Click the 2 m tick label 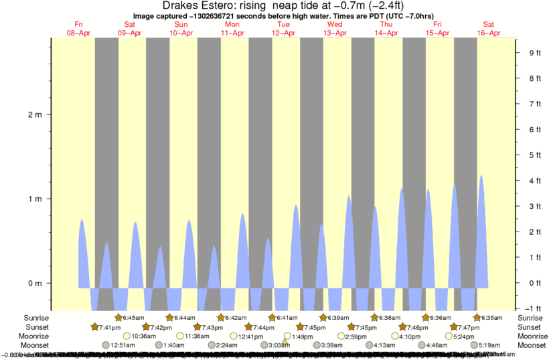point(35,114)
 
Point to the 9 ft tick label point(534,53)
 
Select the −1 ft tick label point(533,308)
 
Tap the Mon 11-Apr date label point(232,29)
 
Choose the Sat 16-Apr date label point(489,29)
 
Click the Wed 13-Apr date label point(335,29)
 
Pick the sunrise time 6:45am point(134,317)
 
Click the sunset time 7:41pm point(110,327)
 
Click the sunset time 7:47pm point(469,327)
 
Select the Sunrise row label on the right point(533,317)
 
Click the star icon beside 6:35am point(477,317)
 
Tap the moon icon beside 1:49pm point(287,336)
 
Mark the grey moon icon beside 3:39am point(315,345)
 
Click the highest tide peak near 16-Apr point(481,175)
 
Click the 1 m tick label point(35,199)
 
